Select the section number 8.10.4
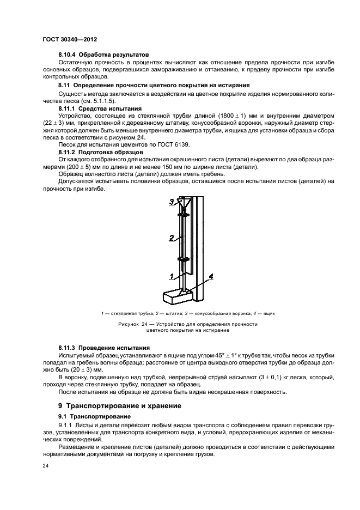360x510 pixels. click(x=69, y=56)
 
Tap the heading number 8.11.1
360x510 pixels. click(x=69, y=109)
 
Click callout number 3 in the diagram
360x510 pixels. click(x=170, y=202)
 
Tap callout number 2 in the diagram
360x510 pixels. click(x=170, y=238)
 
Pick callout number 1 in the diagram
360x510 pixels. click(x=170, y=276)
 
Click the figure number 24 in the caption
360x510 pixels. click(x=144, y=324)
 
